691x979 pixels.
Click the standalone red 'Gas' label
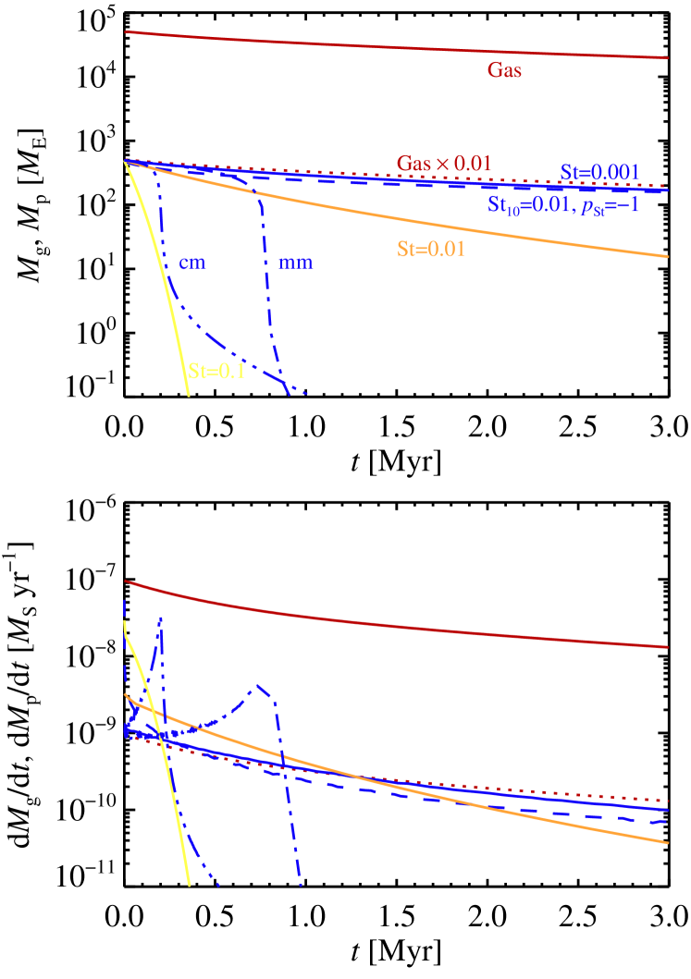(x=504, y=70)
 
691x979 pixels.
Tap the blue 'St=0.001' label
(x=599, y=172)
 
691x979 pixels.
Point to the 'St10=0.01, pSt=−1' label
(x=563, y=205)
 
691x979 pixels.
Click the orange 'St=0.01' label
(x=430, y=249)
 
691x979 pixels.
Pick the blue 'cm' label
(x=192, y=263)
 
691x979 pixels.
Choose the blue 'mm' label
(x=296, y=263)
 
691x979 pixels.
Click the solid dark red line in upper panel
(x=370, y=43)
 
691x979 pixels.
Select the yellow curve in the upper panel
(x=167, y=277)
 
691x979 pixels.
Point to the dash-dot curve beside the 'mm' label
(x=267, y=277)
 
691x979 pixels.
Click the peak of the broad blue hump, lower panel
(x=260, y=685)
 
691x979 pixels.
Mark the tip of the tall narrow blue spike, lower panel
(x=161, y=618)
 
